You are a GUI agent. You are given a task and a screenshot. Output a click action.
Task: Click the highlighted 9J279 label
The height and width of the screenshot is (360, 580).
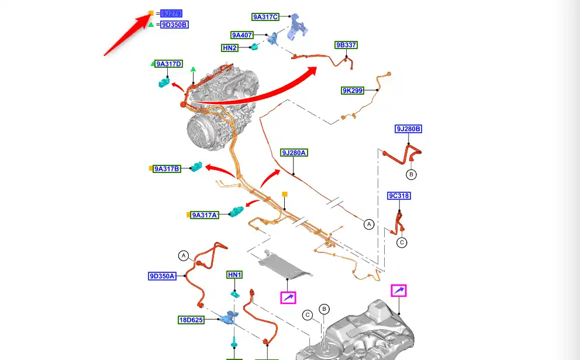171,13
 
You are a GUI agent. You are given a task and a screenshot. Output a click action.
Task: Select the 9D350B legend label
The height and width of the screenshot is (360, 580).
175,25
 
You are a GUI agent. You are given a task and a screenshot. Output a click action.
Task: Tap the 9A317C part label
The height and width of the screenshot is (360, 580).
266,18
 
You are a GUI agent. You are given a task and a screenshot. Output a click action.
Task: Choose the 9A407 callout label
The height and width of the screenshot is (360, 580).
242,35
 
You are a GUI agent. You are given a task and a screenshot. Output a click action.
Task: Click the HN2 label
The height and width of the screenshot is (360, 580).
230,48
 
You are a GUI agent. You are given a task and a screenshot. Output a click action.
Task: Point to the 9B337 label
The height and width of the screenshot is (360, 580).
346,45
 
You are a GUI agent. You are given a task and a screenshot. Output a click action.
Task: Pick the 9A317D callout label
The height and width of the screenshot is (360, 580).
169,64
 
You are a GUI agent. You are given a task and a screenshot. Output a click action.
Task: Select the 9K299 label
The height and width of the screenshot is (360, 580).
353,91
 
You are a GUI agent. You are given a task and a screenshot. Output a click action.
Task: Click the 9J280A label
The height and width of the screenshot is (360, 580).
294,153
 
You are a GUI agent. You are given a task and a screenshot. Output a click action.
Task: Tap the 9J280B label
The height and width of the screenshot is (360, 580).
409,129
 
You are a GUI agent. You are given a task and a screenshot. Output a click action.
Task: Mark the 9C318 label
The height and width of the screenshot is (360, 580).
399,196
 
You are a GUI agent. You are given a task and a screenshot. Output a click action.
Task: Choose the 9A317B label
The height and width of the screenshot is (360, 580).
167,169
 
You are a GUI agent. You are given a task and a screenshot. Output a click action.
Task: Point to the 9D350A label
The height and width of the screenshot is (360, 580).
162,276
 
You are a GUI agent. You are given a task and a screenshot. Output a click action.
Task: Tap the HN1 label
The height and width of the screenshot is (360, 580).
234,275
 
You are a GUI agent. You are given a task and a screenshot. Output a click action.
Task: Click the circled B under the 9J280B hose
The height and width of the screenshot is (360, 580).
411,174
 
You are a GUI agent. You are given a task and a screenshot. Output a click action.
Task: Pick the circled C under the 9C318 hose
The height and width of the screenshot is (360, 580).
402,242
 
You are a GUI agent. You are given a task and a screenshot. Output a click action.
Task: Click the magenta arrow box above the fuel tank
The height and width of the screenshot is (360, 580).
399,290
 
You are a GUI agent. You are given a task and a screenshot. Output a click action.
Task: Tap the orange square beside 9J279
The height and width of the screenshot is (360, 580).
151,13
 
